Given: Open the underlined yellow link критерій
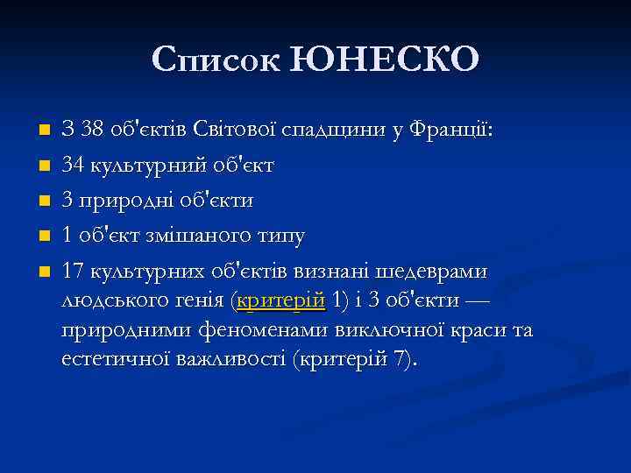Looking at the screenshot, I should point(282,301).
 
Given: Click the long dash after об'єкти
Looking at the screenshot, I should point(473,301).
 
